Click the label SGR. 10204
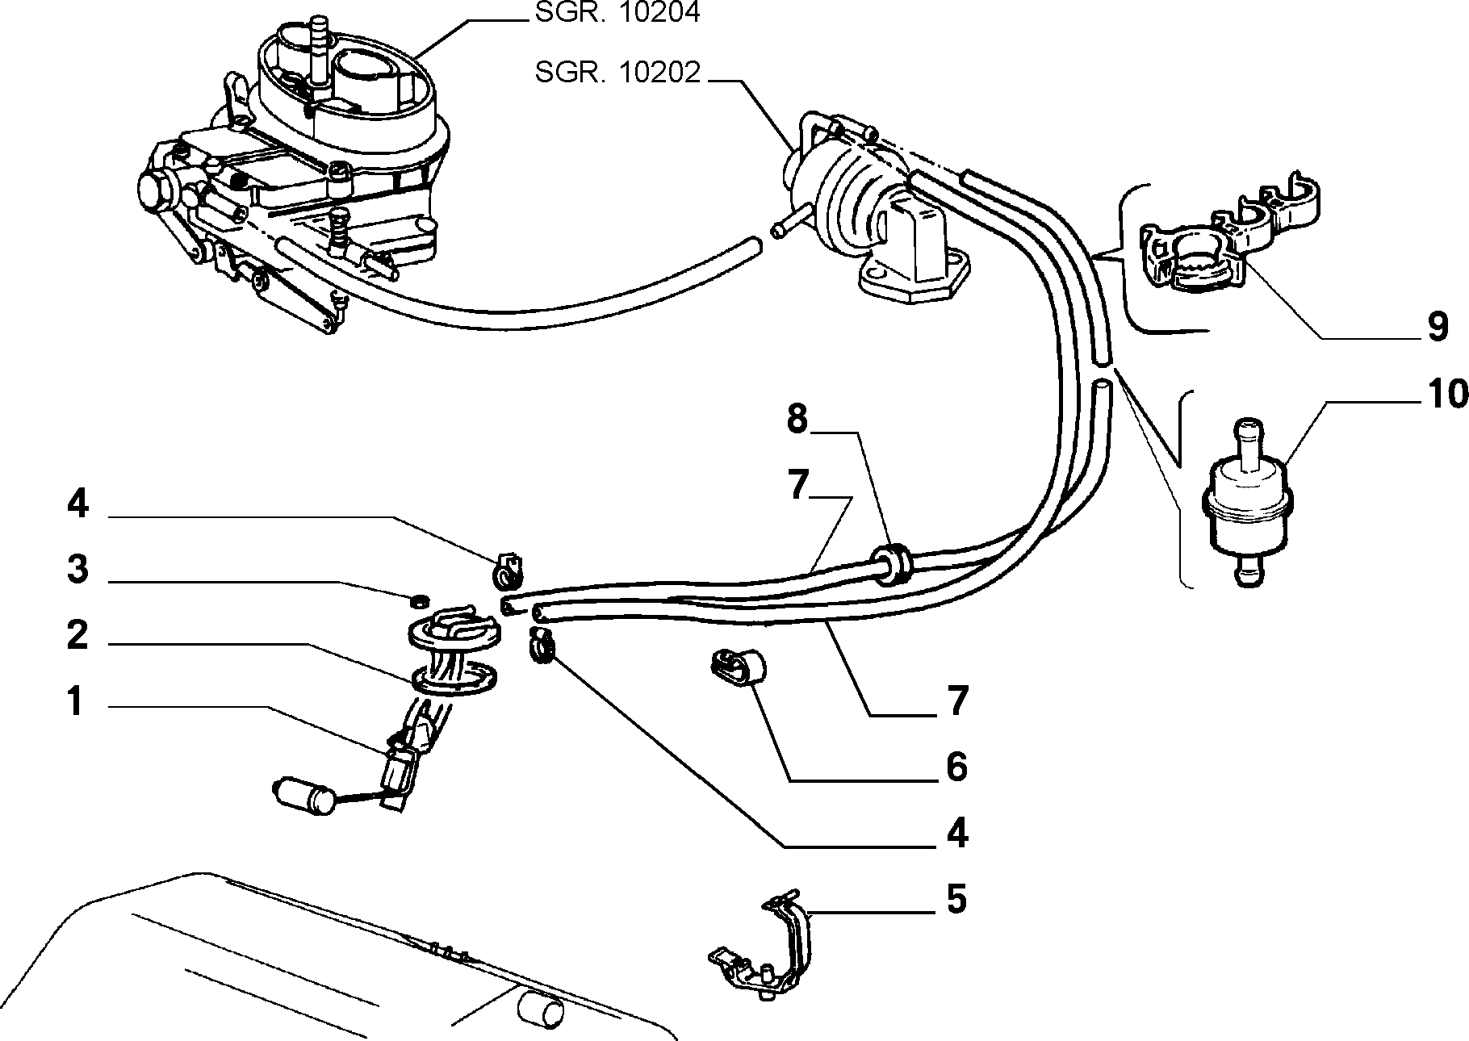[x=617, y=13]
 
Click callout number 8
[x=797, y=420]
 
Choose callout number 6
[x=956, y=766]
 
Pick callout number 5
[x=956, y=898]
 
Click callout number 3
[x=77, y=570]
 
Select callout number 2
[x=77, y=636]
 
